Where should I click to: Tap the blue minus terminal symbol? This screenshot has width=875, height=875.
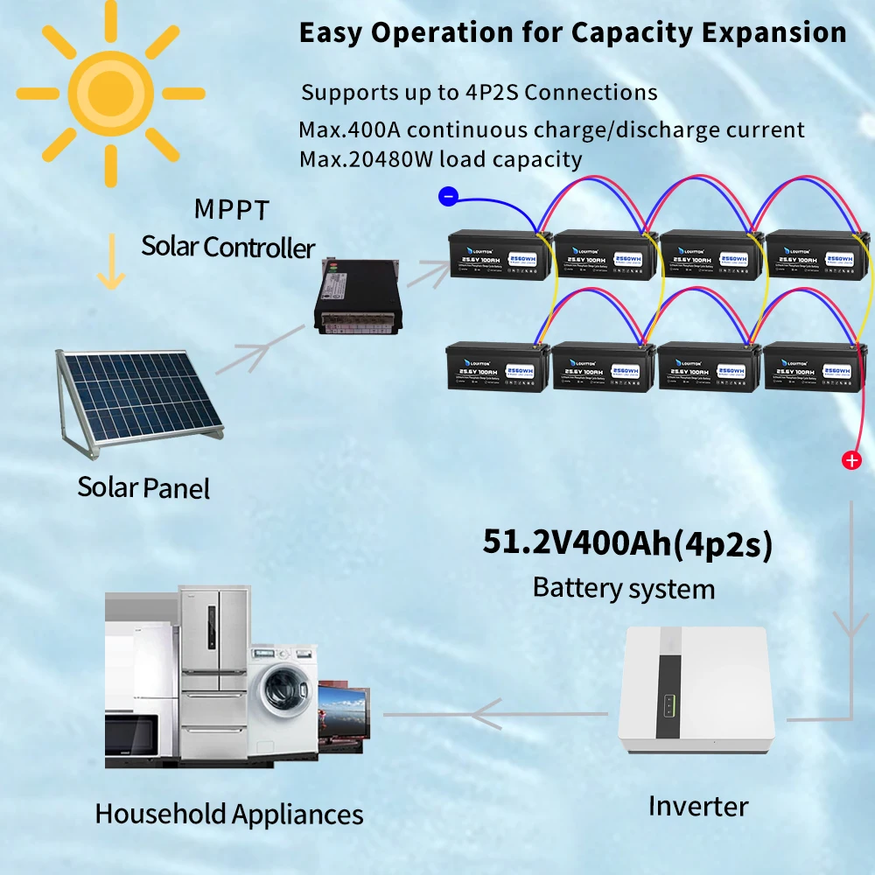(x=448, y=197)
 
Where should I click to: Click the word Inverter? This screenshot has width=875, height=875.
(x=697, y=805)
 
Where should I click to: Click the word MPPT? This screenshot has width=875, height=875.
(x=232, y=210)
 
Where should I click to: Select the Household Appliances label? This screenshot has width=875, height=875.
(x=228, y=814)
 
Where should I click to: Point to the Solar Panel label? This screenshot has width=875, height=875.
(x=143, y=486)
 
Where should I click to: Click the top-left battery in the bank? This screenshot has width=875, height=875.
(x=498, y=254)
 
